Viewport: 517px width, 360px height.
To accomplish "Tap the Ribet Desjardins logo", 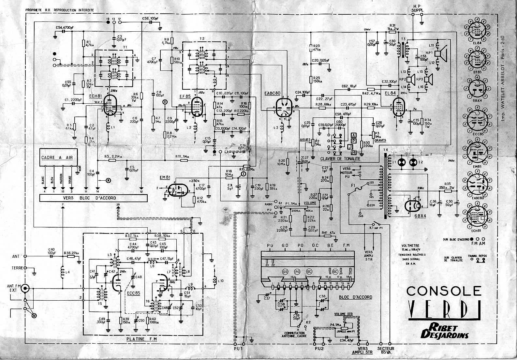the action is [x=444, y=331].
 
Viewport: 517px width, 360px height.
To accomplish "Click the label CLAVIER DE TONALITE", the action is [x=340, y=158].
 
